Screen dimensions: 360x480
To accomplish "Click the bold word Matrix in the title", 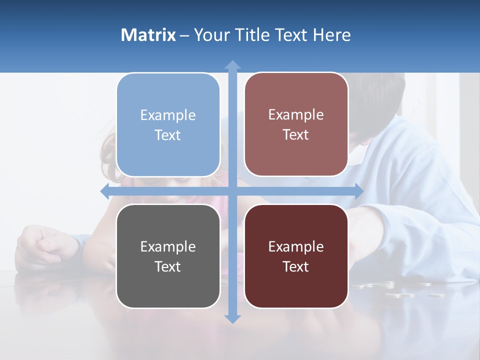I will (x=148, y=35).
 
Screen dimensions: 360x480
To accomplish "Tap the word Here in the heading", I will (x=331, y=35).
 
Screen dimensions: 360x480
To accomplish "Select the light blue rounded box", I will (x=168, y=125).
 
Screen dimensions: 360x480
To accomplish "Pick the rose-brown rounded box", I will (x=296, y=124).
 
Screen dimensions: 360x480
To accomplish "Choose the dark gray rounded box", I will (x=168, y=256).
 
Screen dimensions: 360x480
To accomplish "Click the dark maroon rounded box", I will (x=296, y=256).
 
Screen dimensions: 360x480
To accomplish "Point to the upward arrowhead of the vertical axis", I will (x=232, y=64).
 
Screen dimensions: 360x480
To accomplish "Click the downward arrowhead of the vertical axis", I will (x=232, y=319).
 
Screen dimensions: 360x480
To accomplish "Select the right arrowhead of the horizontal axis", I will (x=359, y=191).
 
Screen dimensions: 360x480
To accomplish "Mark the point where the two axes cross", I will (x=232, y=191).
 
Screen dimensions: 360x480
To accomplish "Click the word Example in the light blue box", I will (x=168, y=115).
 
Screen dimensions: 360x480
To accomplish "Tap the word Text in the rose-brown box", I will (x=296, y=135).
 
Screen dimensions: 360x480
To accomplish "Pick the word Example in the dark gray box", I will (x=168, y=246).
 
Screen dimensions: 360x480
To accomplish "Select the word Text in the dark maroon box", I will (x=296, y=266).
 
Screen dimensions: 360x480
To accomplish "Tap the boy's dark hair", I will (x=380, y=95).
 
